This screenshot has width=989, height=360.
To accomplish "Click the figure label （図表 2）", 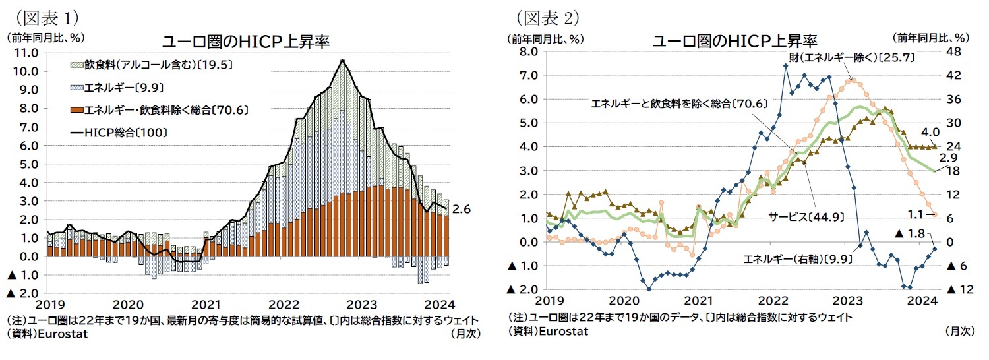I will pos(552,15).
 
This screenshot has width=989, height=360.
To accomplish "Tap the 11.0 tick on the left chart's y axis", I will pos(25,52).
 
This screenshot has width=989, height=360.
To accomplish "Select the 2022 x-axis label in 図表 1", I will pos(285,305).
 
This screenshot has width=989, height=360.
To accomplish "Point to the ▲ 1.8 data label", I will pos(915,233).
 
